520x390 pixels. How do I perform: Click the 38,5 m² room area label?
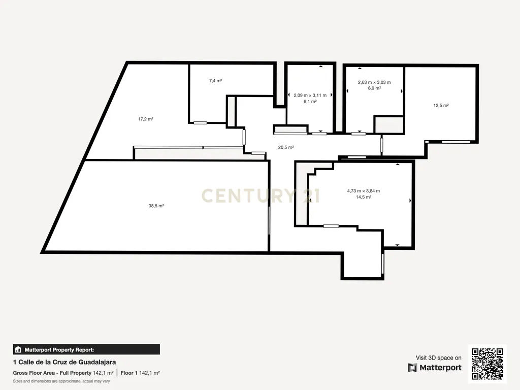(x=156, y=206)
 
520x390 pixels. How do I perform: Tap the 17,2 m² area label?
(x=146, y=119)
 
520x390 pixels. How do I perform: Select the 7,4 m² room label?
(x=215, y=81)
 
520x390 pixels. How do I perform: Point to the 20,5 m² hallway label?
(x=286, y=147)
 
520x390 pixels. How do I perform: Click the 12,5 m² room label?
(x=441, y=106)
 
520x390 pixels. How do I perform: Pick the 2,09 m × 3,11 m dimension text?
(x=310, y=95)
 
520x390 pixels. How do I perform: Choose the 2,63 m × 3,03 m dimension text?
(x=374, y=82)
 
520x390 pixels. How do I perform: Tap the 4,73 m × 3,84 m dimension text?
(x=364, y=191)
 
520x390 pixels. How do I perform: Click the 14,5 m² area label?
(x=364, y=197)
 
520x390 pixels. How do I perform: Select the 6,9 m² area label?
(x=374, y=88)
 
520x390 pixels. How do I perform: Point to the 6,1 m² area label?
(x=310, y=102)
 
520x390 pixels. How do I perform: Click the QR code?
(x=487, y=364)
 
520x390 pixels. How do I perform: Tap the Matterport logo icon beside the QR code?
(x=412, y=368)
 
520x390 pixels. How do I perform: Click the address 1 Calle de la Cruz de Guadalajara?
(x=64, y=362)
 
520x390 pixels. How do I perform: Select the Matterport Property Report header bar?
(x=86, y=349)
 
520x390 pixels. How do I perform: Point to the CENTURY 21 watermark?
(x=261, y=196)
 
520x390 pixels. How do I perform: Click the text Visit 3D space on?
(x=438, y=358)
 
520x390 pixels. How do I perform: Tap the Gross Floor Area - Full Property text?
(x=52, y=373)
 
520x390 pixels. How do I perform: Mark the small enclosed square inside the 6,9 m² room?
(x=388, y=125)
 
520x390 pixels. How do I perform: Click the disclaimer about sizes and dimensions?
(x=61, y=381)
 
